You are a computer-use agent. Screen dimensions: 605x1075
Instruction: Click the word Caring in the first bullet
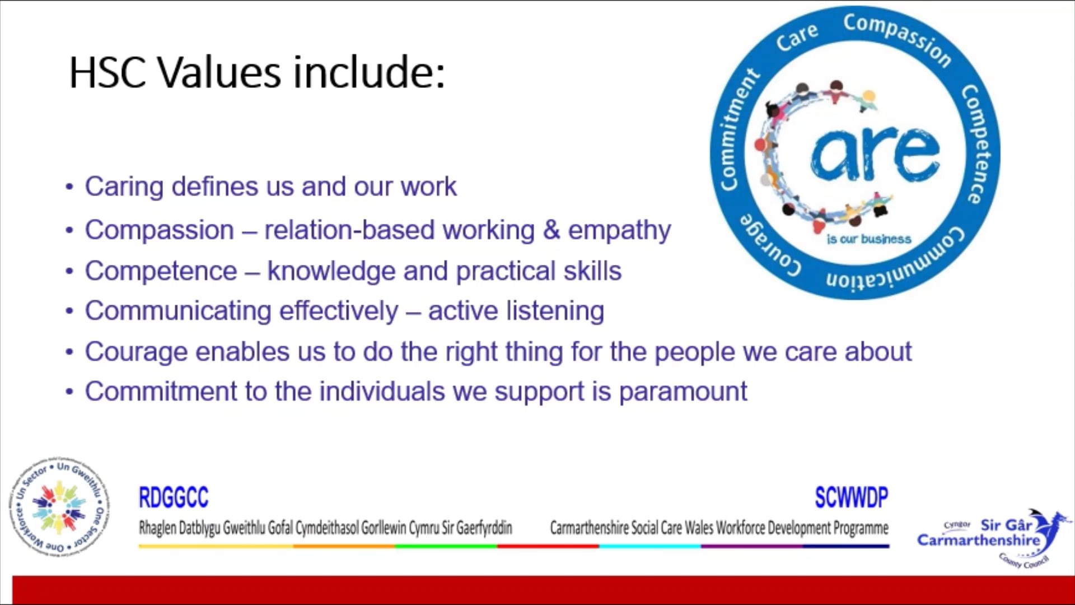pos(124,187)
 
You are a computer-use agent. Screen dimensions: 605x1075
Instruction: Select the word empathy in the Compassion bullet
pos(619,231)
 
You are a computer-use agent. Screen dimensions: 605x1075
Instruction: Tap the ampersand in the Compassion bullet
pos(551,230)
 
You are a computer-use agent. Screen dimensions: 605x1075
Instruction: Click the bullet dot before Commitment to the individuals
pos(69,392)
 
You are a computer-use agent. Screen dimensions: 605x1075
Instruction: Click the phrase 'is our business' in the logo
pos(869,239)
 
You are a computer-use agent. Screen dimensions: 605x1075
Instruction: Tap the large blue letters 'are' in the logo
pos(876,153)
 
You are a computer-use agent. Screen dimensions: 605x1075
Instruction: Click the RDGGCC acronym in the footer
pos(174,497)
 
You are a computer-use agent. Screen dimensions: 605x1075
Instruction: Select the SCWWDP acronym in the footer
pos(851,497)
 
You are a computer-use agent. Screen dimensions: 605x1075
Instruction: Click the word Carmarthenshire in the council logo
pos(978,541)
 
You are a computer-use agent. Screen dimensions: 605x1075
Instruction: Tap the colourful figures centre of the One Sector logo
pos(59,508)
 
